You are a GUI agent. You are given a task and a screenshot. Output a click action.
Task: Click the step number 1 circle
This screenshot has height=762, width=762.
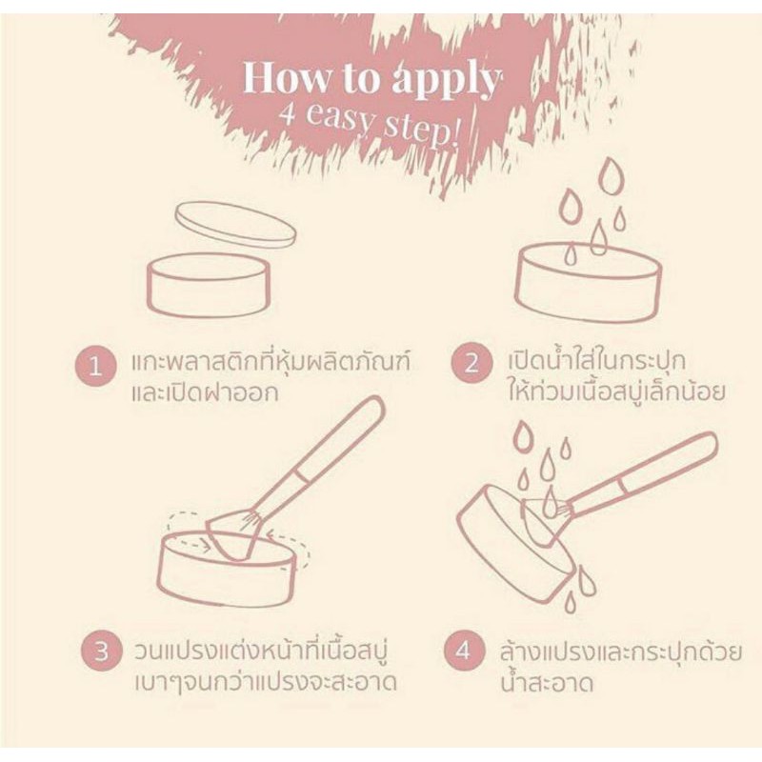(x=96, y=366)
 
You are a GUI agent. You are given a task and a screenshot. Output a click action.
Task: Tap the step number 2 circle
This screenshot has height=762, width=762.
(x=471, y=363)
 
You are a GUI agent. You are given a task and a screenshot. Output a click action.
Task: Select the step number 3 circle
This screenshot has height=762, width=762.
(x=101, y=652)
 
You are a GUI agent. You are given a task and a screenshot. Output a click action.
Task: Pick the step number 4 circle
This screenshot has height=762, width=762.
(x=464, y=651)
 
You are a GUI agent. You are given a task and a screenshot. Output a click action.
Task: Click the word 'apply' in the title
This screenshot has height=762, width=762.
(x=447, y=81)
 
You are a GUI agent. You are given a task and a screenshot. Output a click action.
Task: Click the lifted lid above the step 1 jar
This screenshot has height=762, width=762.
(x=235, y=225)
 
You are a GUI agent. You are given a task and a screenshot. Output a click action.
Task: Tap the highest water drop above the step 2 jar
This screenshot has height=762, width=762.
(x=611, y=175)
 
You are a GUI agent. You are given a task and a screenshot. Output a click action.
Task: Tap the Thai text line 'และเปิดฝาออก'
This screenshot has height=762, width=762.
(x=205, y=392)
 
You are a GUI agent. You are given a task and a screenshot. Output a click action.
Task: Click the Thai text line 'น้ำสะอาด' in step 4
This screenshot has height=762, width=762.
(x=547, y=680)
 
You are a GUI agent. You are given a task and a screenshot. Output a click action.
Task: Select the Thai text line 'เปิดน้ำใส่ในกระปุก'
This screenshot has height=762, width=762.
(x=597, y=361)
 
